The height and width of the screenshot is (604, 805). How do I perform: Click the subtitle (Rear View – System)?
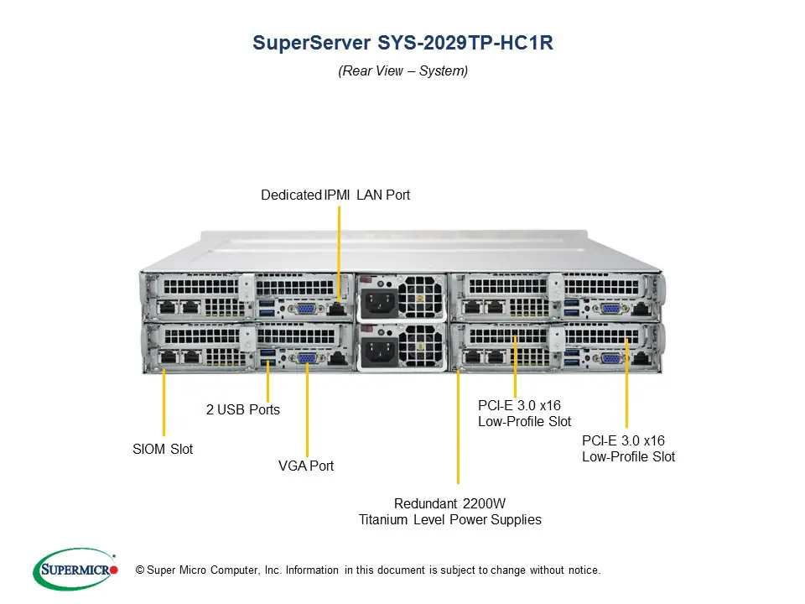[402, 71]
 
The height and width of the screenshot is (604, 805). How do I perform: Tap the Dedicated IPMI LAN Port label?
[335, 195]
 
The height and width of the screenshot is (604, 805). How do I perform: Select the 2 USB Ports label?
[243, 410]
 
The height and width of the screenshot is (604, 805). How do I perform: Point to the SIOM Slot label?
[163, 450]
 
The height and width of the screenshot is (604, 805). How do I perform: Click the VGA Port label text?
[306, 466]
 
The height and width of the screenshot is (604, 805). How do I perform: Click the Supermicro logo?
[75, 570]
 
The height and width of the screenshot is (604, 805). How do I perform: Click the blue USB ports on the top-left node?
[267, 306]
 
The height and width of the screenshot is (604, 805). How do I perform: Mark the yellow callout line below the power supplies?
[459, 428]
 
